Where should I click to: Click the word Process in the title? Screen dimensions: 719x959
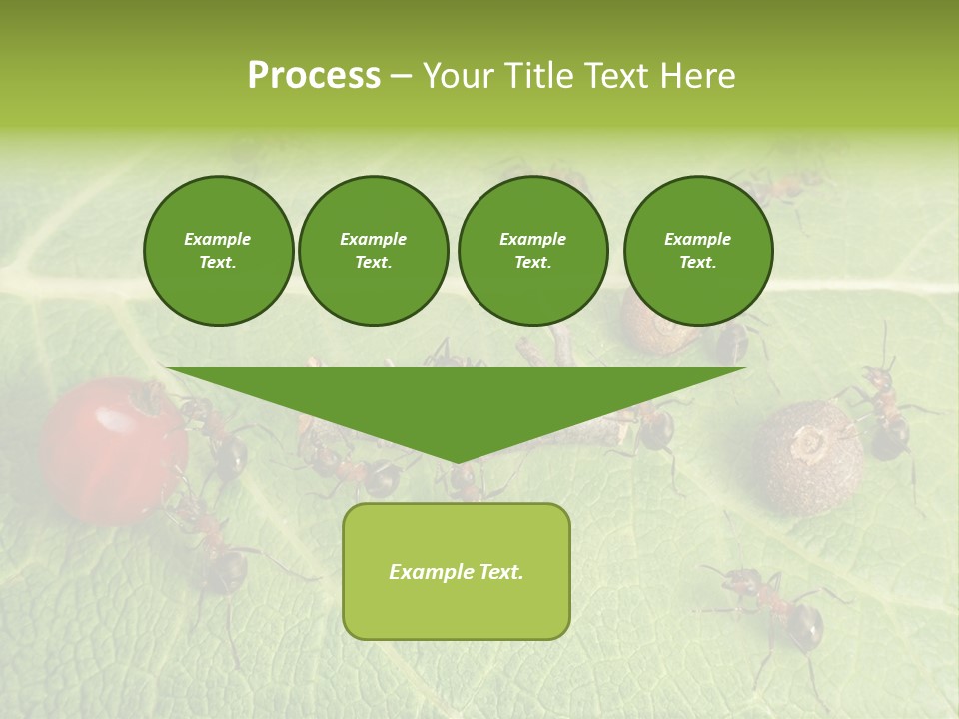(x=314, y=76)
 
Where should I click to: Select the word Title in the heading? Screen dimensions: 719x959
(x=536, y=76)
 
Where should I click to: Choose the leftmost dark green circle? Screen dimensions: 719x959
(x=219, y=251)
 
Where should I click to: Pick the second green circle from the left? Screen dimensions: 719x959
(x=374, y=251)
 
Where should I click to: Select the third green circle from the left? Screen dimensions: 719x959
(x=533, y=251)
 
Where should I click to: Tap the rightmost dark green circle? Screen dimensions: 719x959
(x=698, y=251)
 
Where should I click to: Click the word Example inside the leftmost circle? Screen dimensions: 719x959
(x=218, y=239)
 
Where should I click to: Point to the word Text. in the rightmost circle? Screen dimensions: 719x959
(x=698, y=262)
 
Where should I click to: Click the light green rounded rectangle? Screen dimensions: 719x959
(x=457, y=571)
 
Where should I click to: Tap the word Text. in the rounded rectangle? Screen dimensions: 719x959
(x=500, y=572)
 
